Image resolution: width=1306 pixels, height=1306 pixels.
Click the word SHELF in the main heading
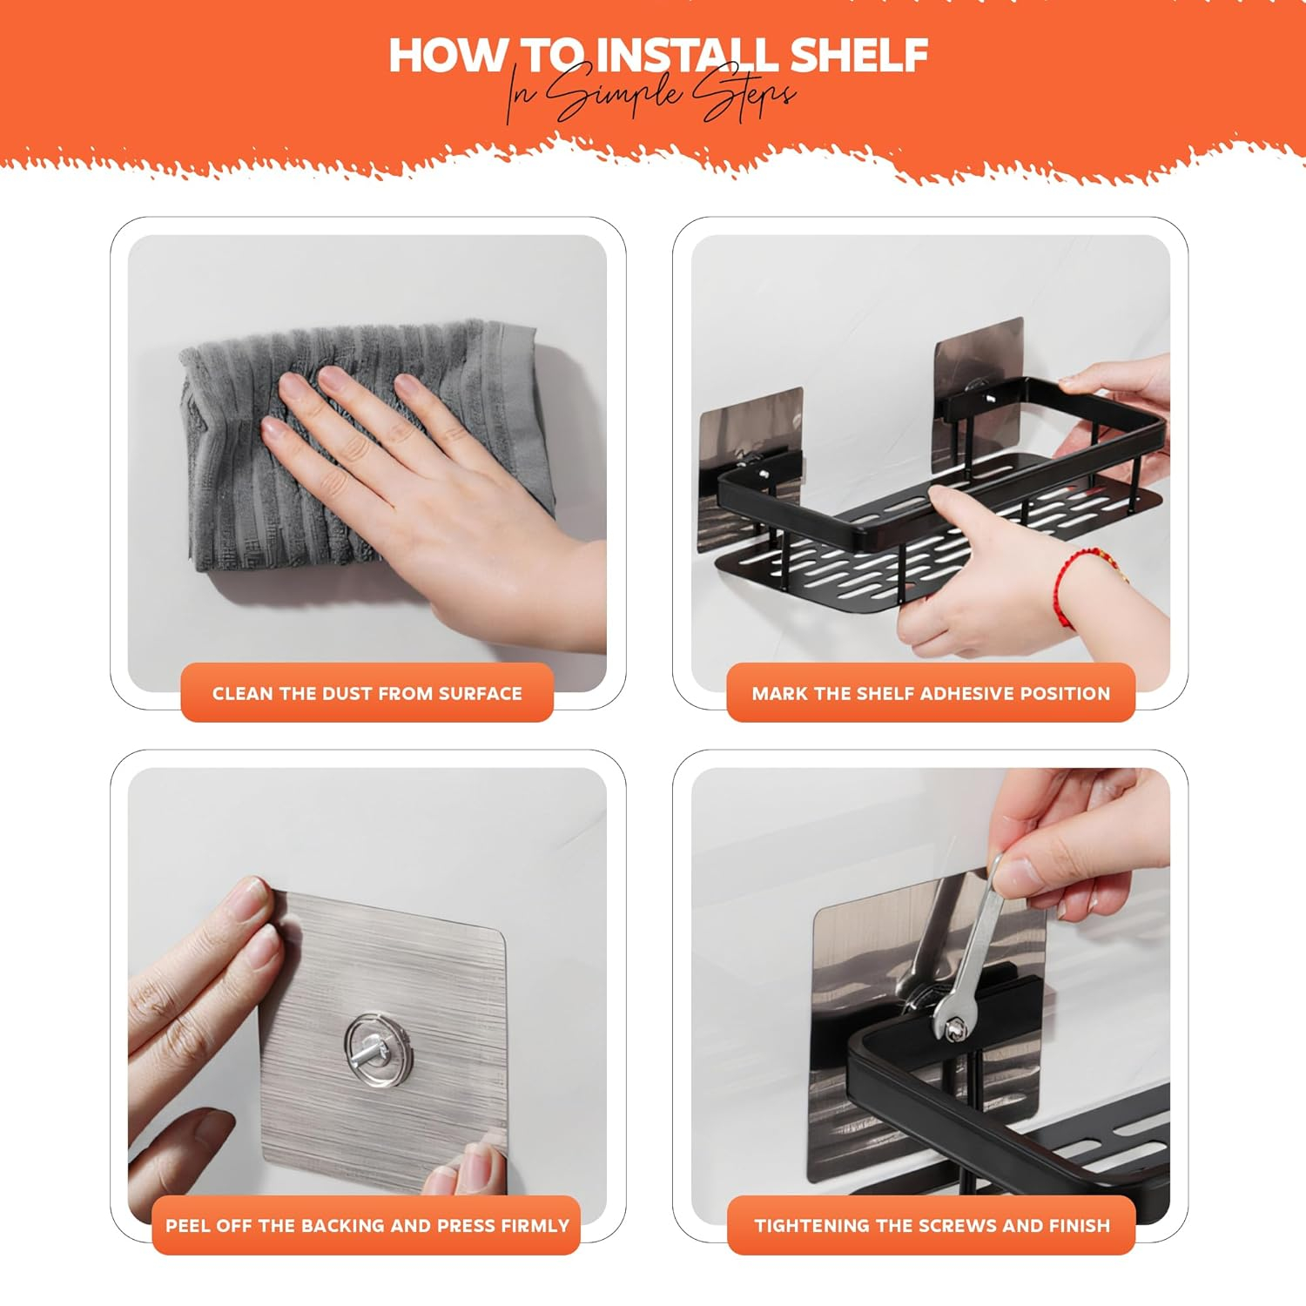click(x=858, y=55)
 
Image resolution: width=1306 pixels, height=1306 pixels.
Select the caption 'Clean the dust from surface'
click(x=367, y=694)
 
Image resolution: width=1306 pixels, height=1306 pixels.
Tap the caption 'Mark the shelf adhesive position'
click(x=931, y=694)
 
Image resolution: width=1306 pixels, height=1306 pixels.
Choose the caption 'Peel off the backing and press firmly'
click(x=367, y=1226)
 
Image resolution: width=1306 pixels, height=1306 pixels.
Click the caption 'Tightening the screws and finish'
click(x=932, y=1226)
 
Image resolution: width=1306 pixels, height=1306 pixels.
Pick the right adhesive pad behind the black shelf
click(x=979, y=374)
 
